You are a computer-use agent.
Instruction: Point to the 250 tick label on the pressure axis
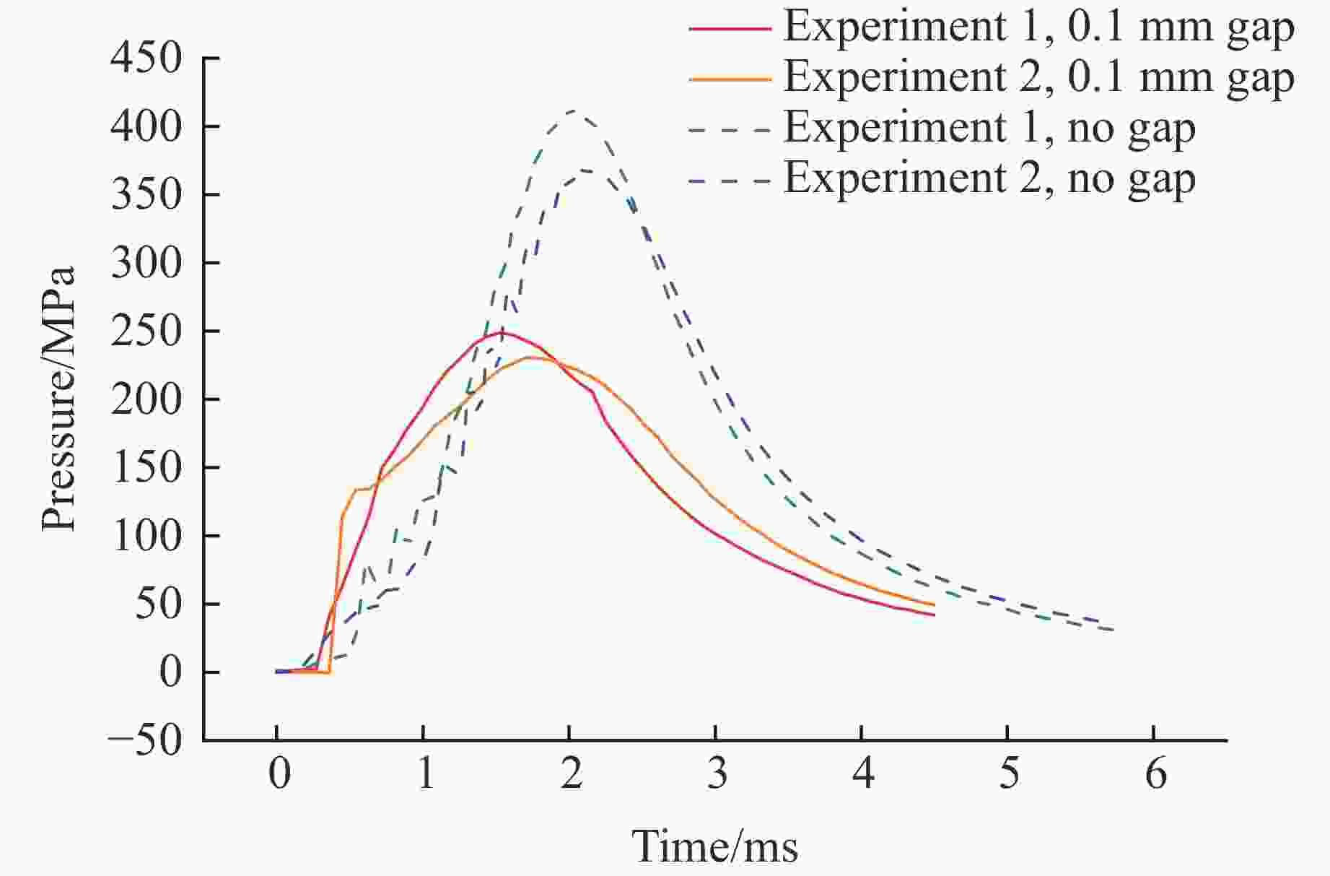(146, 331)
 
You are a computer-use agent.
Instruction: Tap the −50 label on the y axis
(144, 740)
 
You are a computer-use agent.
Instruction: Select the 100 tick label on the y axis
(146, 537)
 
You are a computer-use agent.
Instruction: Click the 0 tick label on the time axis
(279, 774)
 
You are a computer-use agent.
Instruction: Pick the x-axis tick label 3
(717, 774)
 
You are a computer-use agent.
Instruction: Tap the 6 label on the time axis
(1155, 774)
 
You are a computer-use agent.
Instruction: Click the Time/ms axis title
(715, 846)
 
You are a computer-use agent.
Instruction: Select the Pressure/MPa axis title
(58, 399)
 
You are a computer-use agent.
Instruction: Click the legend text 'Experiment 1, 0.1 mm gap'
(1038, 27)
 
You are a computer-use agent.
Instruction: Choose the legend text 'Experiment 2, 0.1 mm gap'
(1038, 77)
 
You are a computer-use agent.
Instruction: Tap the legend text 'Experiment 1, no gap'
(989, 127)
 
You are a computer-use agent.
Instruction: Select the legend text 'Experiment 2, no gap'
(989, 178)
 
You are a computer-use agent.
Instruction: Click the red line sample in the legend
(730, 28)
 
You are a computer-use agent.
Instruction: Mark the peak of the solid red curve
(502, 333)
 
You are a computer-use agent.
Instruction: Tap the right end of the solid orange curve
(935, 604)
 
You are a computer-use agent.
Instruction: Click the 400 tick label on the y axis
(146, 127)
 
